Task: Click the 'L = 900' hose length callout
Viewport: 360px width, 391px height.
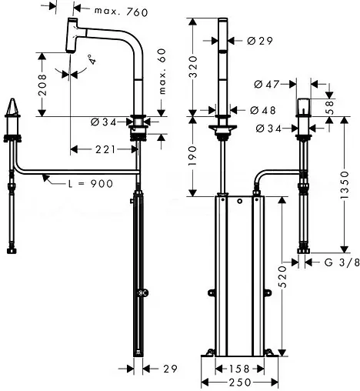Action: tap(82, 184)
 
